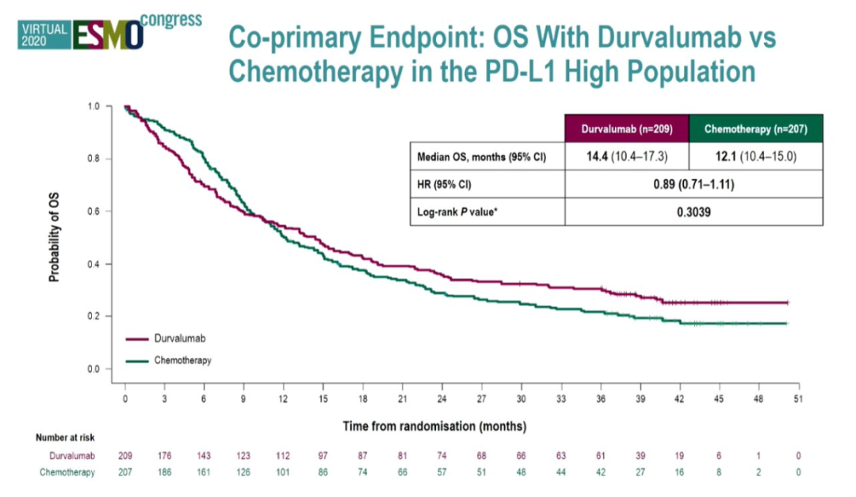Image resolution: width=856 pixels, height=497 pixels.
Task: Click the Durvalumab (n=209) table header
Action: (x=626, y=128)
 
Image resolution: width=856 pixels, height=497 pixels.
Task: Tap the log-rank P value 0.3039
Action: (x=689, y=212)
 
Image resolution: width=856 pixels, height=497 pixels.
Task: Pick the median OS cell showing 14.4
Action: (x=626, y=156)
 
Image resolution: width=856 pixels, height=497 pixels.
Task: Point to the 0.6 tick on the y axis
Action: (x=94, y=212)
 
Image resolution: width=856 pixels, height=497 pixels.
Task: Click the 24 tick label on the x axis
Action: (x=442, y=399)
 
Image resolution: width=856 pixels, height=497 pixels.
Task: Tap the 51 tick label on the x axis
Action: (x=798, y=399)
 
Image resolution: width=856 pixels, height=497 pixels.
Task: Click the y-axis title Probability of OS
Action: (x=55, y=237)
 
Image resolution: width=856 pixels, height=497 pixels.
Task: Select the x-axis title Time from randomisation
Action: (x=434, y=426)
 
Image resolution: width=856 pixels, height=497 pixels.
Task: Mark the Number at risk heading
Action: (x=66, y=437)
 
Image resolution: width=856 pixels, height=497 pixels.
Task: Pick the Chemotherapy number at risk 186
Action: (x=165, y=472)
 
